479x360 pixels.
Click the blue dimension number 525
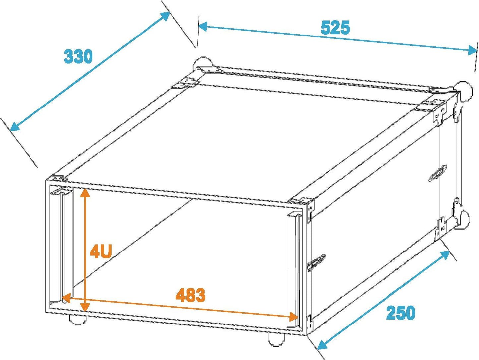(335, 28)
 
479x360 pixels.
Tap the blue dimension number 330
(78, 56)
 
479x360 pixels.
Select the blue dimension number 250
(401, 313)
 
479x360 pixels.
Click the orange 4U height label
(101, 252)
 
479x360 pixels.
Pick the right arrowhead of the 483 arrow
(293, 317)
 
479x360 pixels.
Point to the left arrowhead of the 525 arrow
(203, 27)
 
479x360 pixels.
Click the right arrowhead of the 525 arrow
(472, 51)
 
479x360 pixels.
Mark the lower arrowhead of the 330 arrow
(15, 126)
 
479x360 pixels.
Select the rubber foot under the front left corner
(78, 320)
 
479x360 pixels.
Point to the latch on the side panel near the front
(316, 263)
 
